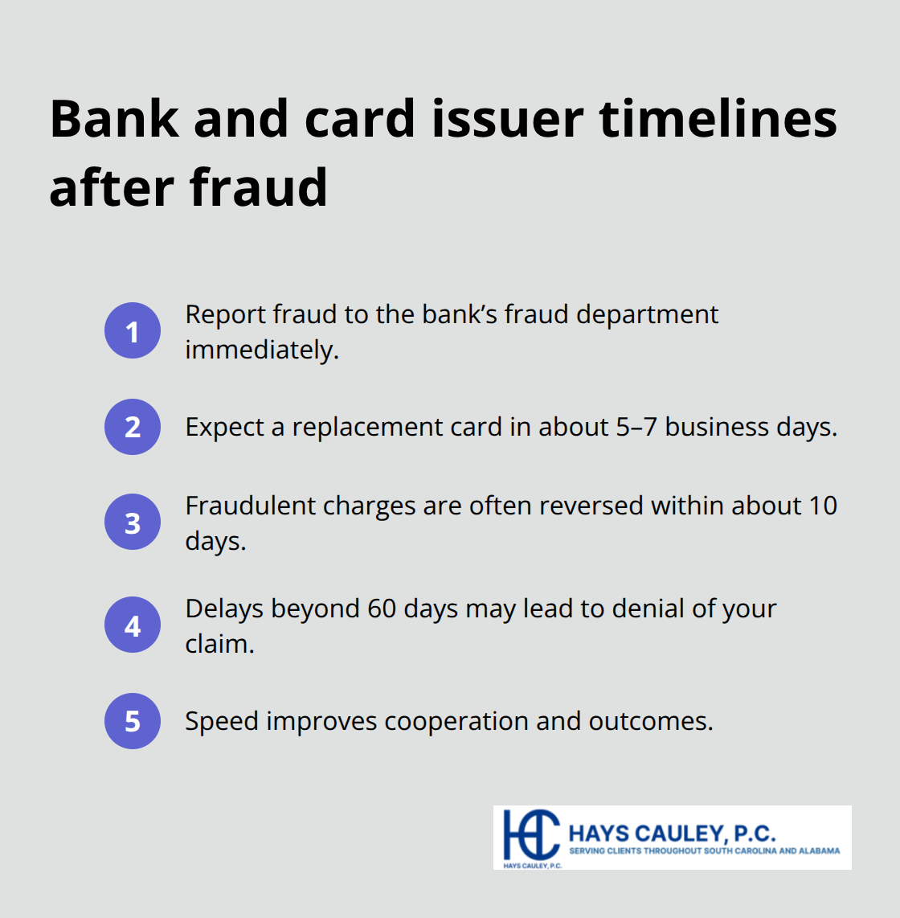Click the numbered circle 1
pyautogui.click(x=133, y=330)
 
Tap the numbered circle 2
pyautogui.click(x=133, y=427)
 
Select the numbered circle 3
pyautogui.click(x=133, y=523)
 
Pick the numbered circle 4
pyautogui.click(x=133, y=625)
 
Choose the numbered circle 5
pyautogui.click(x=133, y=721)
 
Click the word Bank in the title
pyautogui.click(x=114, y=119)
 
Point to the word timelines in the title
pyautogui.click(x=718, y=119)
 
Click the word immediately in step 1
pyautogui.click(x=261, y=350)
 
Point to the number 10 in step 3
pyautogui.click(x=822, y=506)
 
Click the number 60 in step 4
pyautogui.click(x=382, y=609)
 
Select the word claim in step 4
pyautogui.click(x=219, y=644)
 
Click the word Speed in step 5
pyautogui.click(x=222, y=721)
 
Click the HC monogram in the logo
pyautogui.click(x=530, y=834)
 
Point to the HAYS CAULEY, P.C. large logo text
pyautogui.click(x=671, y=833)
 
